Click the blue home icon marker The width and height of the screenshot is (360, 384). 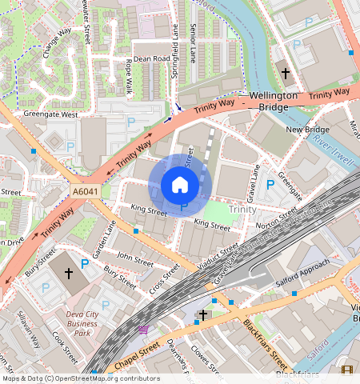click(180, 185)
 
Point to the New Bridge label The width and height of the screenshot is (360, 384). click(307, 129)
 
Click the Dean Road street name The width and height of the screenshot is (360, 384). click(151, 58)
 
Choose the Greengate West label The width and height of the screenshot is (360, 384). click(51, 114)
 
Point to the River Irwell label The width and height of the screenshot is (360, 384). click(334, 150)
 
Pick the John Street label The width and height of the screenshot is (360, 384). click(134, 259)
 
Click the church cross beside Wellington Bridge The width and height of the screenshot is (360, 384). click(285, 73)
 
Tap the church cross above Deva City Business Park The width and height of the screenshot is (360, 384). click(69, 273)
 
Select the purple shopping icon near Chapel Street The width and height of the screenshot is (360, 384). click(143, 330)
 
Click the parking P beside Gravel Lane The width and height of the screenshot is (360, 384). click(270, 185)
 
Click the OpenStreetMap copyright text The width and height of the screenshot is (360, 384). click(80, 378)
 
